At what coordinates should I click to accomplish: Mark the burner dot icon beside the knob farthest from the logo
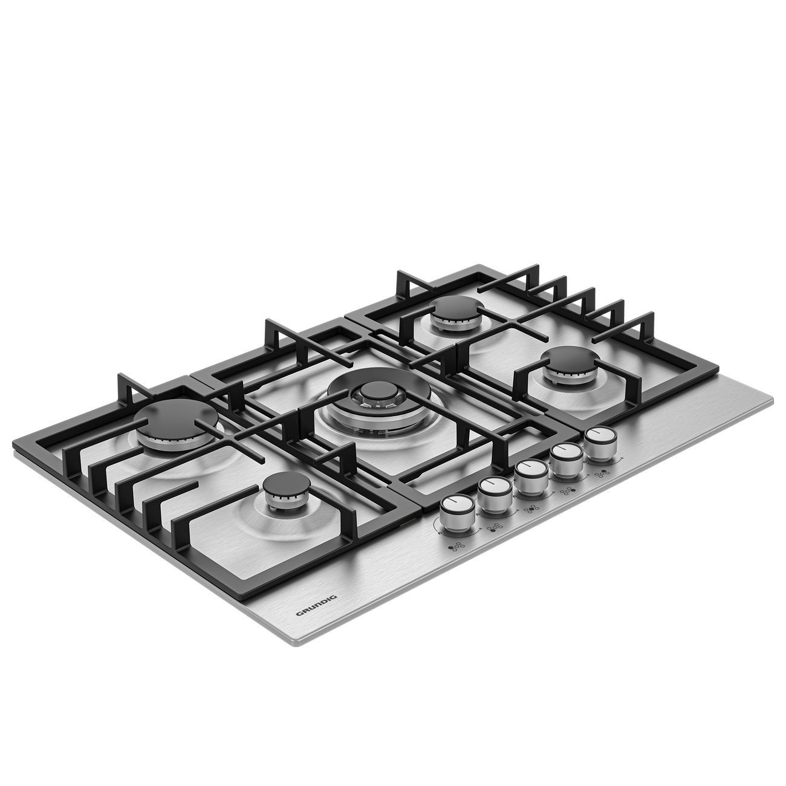[x=602, y=473]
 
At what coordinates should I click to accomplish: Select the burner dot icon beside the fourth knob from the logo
[x=568, y=490]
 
